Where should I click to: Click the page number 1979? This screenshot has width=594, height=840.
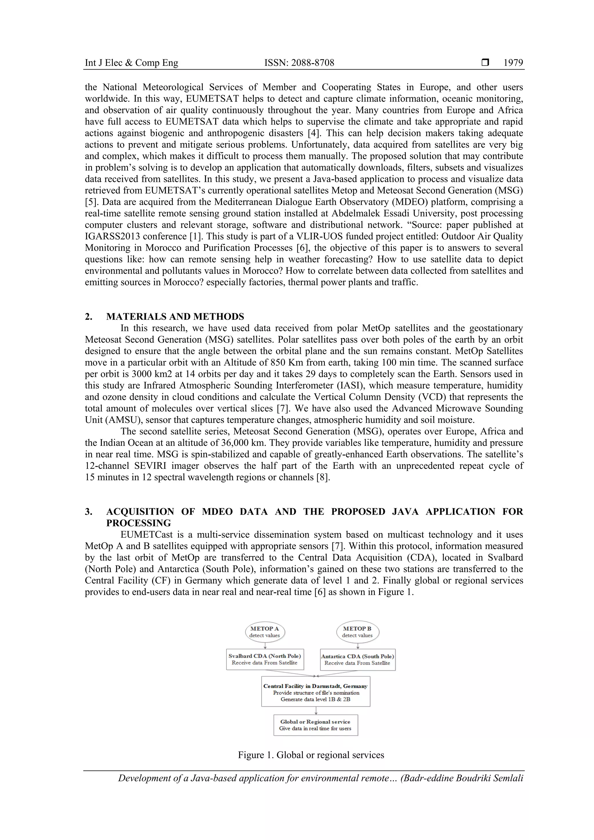click(x=513, y=63)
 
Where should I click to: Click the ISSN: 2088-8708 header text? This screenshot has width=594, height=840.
click(x=299, y=63)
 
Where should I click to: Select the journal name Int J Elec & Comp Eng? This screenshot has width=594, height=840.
click(x=131, y=63)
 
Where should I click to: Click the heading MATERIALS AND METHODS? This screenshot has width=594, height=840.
click(x=175, y=316)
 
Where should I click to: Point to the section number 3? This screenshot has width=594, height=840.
click(x=88, y=511)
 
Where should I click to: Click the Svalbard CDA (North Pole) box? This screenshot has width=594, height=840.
click(x=265, y=659)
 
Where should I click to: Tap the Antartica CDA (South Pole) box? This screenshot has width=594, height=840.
click(x=357, y=660)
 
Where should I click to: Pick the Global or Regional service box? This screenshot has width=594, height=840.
click(x=315, y=725)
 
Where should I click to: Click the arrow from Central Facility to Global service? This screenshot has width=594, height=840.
click(x=316, y=710)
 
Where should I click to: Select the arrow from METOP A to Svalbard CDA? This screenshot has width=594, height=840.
click(x=265, y=646)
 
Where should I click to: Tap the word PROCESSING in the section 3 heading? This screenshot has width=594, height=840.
click(x=139, y=523)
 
